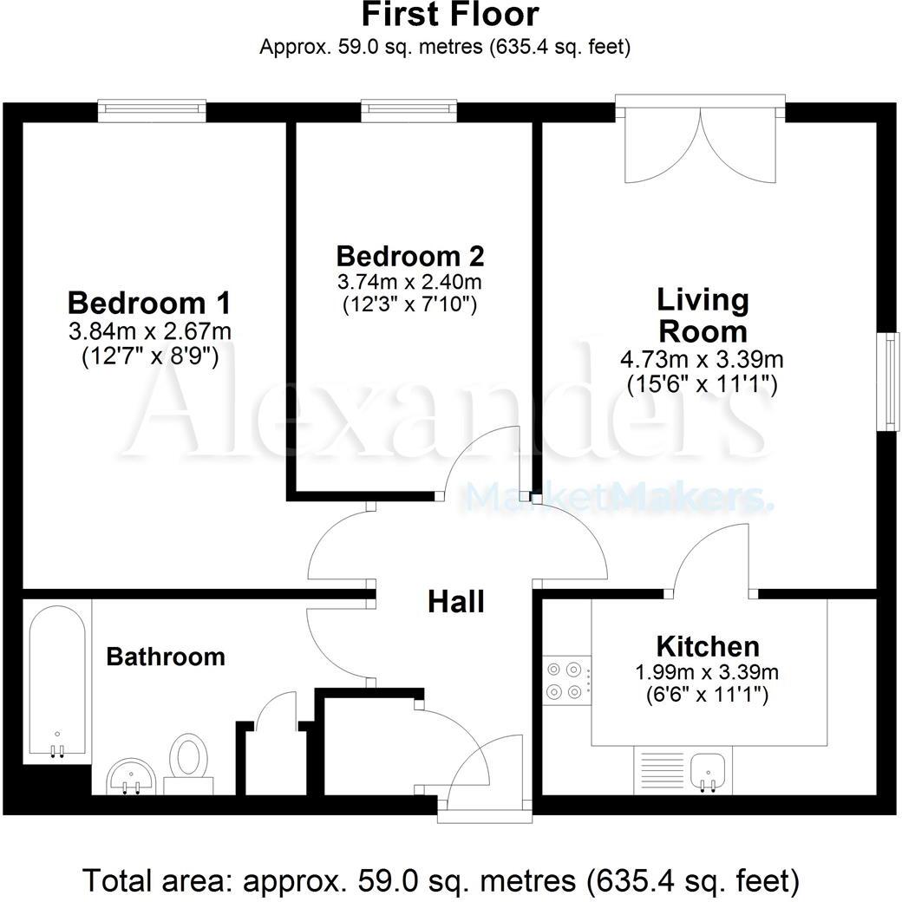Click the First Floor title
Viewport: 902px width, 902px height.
point(450,15)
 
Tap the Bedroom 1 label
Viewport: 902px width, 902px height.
point(149,304)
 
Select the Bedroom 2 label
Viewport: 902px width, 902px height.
point(410,256)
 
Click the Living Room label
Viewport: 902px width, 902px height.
point(702,316)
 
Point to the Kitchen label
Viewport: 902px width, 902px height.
point(708,646)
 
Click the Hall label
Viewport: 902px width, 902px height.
point(455,601)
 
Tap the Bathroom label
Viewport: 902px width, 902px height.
point(166,657)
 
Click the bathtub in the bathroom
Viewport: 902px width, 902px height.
point(57,681)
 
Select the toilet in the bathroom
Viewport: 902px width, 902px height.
point(188,761)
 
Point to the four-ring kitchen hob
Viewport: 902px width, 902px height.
point(566,681)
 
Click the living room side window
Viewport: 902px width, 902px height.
point(888,382)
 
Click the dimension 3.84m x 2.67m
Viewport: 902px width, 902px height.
point(149,332)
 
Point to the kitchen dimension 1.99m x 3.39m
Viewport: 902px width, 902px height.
point(708,671)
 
